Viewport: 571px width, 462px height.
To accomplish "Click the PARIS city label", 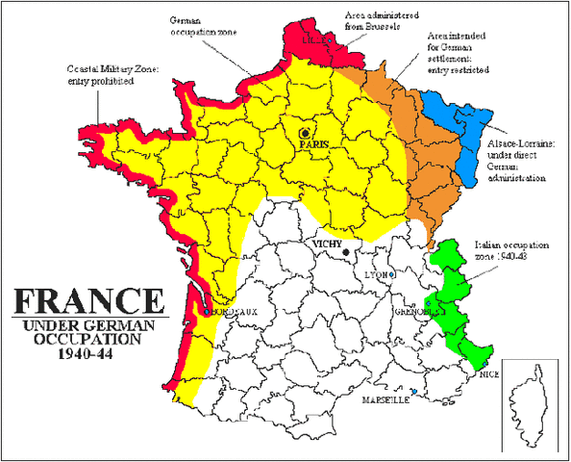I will point(314,143).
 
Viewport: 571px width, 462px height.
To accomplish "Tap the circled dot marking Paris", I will point(306,133).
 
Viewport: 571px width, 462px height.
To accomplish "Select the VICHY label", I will point(327,245).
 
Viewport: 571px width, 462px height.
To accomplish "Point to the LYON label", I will point(378,275).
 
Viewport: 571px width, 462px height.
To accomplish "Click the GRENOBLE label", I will point(413,312).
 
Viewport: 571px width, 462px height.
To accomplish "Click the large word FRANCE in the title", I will point(84,299).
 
